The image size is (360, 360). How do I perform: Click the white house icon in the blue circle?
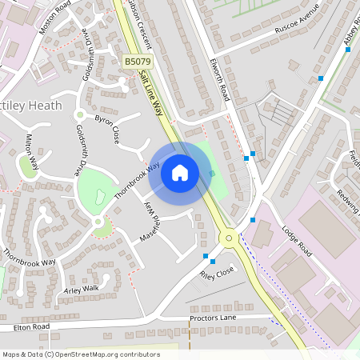click(x=180, y=172)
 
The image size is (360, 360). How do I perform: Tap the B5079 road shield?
click(x=136, y=61)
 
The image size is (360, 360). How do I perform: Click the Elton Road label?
click(x=31, y=326)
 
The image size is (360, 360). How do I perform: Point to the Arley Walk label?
click(x=82, y=288)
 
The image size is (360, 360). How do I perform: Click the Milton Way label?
click(x=32, y=151)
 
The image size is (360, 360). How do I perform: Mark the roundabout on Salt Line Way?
click(x=230, y=237)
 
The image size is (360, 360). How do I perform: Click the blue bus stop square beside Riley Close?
click(x=213, y=261)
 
